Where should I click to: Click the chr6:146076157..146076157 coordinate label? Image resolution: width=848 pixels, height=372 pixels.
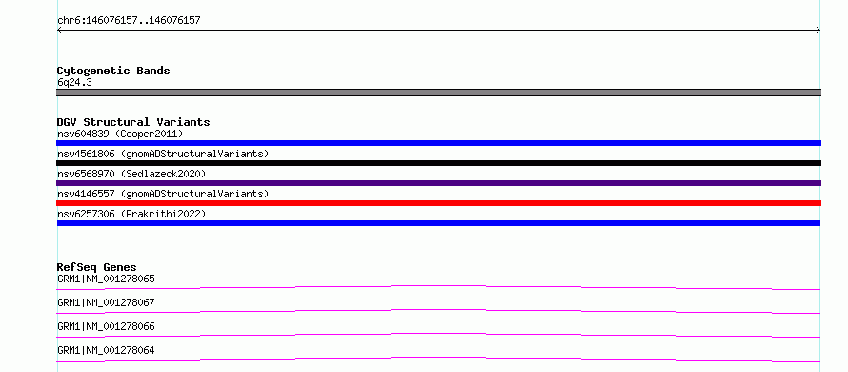(x=129, y=21)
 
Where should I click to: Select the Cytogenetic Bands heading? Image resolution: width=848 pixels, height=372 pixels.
(x=113, y=71)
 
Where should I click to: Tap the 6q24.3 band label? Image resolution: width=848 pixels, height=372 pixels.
(x=74, y=83)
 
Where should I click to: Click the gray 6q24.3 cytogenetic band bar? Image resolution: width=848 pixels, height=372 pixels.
(x=438, y=93)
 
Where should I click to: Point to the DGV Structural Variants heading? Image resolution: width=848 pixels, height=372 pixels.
(x=133, y=122)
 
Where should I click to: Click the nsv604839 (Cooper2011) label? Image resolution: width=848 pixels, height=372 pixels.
(x=120, y=134)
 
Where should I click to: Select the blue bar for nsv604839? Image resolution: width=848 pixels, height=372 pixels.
(x=438, y=143)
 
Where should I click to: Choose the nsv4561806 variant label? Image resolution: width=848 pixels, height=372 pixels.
(x=163, y=154)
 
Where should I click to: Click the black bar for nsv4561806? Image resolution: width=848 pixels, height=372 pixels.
(x=438, y=163)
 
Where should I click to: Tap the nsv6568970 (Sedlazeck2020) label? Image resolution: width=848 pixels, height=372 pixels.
(x=131, y=174)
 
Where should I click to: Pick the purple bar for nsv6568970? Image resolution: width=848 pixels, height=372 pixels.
(x=438, y=183)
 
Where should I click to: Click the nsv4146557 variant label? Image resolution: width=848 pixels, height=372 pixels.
(x=163, y=194)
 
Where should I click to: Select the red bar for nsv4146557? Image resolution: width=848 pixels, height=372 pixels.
(x=438, y=203)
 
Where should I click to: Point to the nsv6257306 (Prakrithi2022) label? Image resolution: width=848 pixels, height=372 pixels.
(x=131, y=215)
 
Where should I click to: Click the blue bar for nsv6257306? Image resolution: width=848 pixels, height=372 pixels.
(x=438, y=223)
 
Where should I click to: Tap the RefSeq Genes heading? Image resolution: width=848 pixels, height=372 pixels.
(x=97, y=267)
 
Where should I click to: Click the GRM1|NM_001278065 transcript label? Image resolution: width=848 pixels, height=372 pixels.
(x=106, y=279)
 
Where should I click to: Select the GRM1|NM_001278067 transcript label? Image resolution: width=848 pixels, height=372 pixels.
(x=106, y=302)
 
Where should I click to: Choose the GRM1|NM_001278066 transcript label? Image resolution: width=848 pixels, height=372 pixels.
(x=106, y=326)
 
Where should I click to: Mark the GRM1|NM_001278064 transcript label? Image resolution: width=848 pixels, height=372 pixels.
(x=106, y=350)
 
